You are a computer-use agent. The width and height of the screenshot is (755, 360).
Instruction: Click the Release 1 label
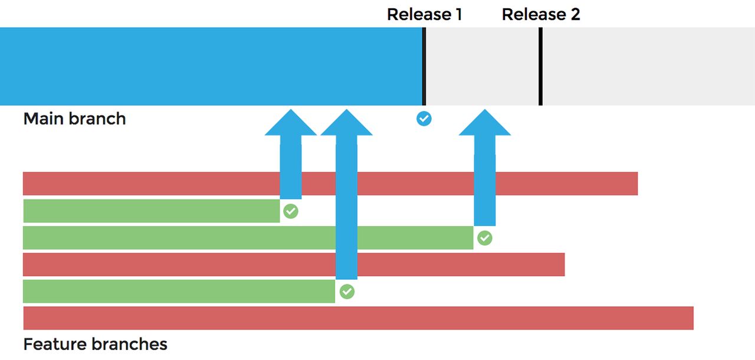(x=424, y=14)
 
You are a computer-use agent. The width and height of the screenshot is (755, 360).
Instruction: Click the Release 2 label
(x=541, y=14)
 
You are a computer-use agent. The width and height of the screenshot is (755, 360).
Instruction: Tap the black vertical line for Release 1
(x=424, y=66)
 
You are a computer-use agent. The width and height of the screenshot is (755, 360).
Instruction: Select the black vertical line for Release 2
(x=540, y=66)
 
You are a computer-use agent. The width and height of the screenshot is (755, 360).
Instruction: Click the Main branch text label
(x=74, y=119)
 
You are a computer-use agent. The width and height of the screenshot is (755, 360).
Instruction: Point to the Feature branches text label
(x=95, y=344)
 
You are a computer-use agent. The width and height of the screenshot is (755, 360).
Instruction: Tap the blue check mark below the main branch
(x=424, y=119)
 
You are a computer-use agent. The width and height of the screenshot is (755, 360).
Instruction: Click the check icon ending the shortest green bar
(x=291, y=211)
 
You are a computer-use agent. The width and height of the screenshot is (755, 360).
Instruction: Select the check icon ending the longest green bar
(x=484, y=238)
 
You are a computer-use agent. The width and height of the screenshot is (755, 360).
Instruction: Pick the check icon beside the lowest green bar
(x=347, y=292)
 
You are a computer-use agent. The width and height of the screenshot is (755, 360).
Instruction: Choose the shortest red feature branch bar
(x=177, y=264)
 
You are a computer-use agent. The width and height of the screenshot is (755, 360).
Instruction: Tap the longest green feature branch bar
(x=177, y=238)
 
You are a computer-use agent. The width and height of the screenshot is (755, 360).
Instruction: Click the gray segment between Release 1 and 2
(x=482, y=66)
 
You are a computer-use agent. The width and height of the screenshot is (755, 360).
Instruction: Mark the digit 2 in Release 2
(x=575, y=14)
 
